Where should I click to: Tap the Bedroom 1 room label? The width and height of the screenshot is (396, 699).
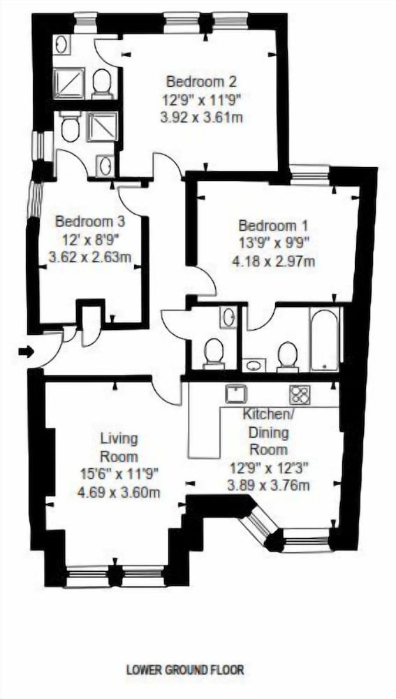pyautogui.click(x=273, y=226)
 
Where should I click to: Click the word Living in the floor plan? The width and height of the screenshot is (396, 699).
pyautogui.click(x=119, y=439)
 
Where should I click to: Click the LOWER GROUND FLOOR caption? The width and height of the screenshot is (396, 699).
pyautogui.click(x=185, y=670)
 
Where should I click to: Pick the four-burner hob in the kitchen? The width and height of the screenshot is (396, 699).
pyautogui.click(x=300, y=395)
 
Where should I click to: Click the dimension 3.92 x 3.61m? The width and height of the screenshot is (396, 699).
pyautogui.click(x=201, y=117)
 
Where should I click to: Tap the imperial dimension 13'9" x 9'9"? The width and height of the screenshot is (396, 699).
pyautogui.click(x=274, y=244)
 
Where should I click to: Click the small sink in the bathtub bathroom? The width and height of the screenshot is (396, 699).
pyautogui.click(x=254, y=365)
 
